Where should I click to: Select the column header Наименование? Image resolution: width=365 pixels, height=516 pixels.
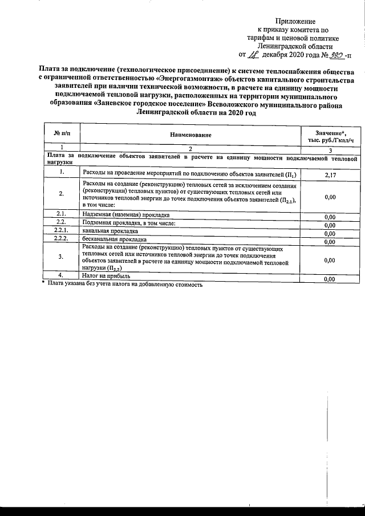[x=190, y=135]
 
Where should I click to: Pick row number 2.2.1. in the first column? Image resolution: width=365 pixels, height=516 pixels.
[x=61, y=232]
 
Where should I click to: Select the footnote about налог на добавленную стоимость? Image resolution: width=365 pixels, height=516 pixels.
[x=123, y=283]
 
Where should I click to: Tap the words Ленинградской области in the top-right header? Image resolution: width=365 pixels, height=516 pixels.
[x=298, y=47]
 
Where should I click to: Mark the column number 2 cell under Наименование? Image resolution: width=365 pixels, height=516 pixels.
[x=190, y=148]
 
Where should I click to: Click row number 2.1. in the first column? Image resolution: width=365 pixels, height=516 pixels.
[x=61, y=214]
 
